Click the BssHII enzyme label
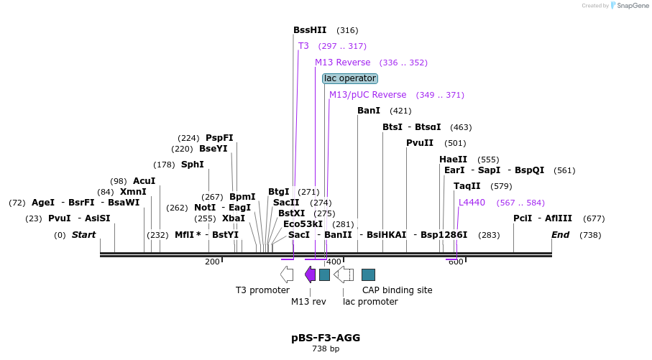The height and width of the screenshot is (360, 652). (x=310, y=30)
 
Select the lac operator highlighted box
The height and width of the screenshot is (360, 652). (x=350, y=78)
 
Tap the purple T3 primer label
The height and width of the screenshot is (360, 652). (x=303, y=46)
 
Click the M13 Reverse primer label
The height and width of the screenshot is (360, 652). (x=343, y=63)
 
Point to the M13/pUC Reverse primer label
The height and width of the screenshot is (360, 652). (x=367, y=95)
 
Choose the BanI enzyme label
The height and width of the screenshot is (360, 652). (x=369, y=111)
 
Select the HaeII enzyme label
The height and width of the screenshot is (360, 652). (x=453, y=160)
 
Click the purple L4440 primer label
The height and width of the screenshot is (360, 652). (x=472, y=203)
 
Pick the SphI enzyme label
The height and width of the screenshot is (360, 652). (x=193, y=165)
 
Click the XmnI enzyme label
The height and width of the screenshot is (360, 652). (x=133, y=192)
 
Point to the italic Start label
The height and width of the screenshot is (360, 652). (x=83, y=235)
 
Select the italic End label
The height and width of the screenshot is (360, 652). (x=561, y=235)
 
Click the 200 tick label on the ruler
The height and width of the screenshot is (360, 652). (x=212, y=262)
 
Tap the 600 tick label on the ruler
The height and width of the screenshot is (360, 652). (x=456, y=262)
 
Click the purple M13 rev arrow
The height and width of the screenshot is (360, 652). (x=310, y=274)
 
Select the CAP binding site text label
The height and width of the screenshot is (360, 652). (x=397, y=290)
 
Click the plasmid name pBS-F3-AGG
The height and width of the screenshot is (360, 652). (x=326, y=337)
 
